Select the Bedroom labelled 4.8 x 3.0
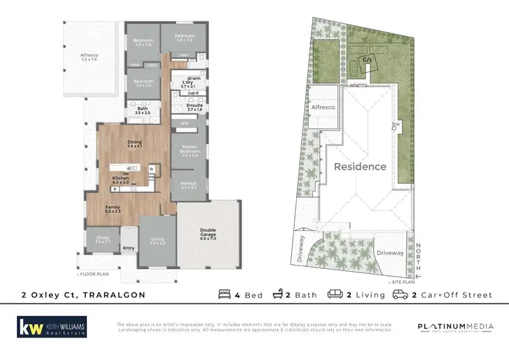click(x=185, y=37)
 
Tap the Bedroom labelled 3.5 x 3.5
click(x=143, y=83)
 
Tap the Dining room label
click(x=134, y=143)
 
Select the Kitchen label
click(x=120, y=180)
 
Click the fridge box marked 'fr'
click(x=152, y=168)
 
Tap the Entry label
click(x=129, y=249)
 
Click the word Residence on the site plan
click(x=360, y=166)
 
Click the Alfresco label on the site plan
click(x=323, y=107)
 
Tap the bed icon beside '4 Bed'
click(x=225, y=295)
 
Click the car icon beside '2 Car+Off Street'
click(x=400, y=295)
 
